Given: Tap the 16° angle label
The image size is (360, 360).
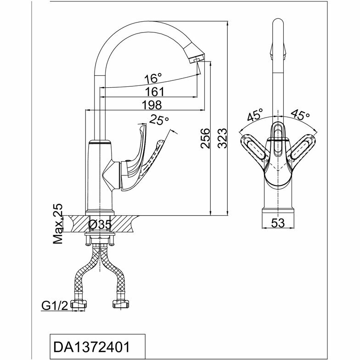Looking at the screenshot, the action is coord(153,77).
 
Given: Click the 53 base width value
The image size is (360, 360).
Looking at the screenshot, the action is coord(277,223).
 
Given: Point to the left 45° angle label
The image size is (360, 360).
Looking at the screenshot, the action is coord(255,115).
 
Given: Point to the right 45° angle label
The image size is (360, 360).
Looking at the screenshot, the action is coord(301,115).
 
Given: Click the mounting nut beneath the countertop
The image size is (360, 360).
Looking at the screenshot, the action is coord(99,239).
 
